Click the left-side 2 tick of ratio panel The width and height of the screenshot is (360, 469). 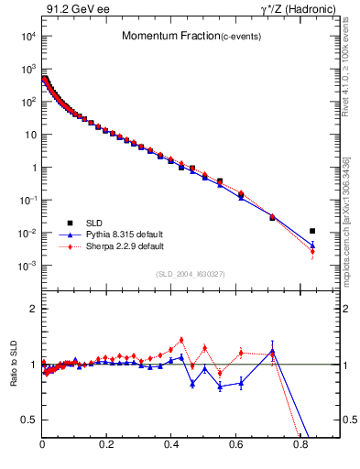click(33, 310)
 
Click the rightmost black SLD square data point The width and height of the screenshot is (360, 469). click(312, 231)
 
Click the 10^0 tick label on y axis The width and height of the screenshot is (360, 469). click(28, 168)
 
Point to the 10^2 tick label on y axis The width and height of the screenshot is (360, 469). click(28, 103)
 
